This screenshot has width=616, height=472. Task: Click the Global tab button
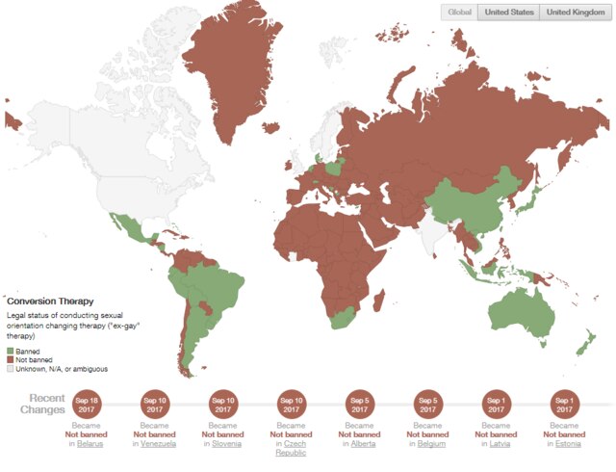click(x=459, y=13)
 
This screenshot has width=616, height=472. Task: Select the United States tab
click(x=508, y=13)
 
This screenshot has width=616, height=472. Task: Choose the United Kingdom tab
click(x=576, y=13)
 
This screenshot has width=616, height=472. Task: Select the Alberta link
click(x=365, y=444)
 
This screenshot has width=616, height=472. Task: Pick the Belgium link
click(x=433, y=444)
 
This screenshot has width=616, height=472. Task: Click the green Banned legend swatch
click(x=11, y=352)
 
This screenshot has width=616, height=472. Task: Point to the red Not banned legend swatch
click(x=11, y=360)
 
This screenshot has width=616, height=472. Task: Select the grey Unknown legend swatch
click(x=11, y=369)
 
